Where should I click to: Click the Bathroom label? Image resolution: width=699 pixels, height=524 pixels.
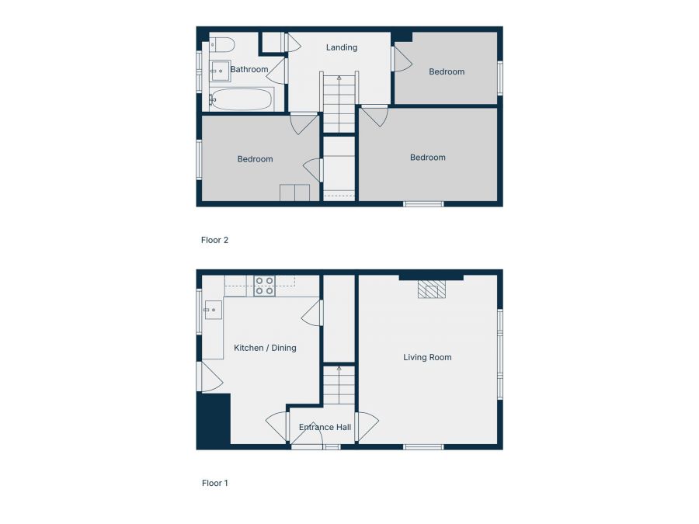[249, 70]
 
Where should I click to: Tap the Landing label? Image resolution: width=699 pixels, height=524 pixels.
[342, 47]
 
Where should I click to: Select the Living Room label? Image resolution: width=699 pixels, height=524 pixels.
[427, 358]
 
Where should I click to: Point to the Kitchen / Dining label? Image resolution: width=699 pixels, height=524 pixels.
[265, 348]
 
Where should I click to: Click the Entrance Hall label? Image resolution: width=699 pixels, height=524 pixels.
[325, 427]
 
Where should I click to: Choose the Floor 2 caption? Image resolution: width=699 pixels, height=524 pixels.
[215, 241]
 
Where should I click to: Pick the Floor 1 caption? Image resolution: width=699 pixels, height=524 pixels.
[215, 483]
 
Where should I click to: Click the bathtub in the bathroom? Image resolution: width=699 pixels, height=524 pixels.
[241, 99]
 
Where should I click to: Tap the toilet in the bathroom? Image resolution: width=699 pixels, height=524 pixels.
[221, 43]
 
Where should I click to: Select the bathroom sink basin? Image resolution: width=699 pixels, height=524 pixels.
[220, 71]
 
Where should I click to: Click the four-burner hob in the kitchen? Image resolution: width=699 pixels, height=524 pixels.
[264, 286]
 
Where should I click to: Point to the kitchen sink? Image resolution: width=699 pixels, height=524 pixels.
[212, 311]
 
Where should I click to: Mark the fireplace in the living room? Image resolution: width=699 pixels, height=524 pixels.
[432, 289]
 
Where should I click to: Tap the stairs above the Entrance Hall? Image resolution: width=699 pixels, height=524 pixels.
[339, 385]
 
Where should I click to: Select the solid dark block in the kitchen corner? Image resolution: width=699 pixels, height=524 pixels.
[214, 420]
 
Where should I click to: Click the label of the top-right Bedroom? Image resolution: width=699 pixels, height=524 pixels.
[447, 72]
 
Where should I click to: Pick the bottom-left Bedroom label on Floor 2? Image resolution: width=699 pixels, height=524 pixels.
[255, 159]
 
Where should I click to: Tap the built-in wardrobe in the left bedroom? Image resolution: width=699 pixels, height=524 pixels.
[295, 193]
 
